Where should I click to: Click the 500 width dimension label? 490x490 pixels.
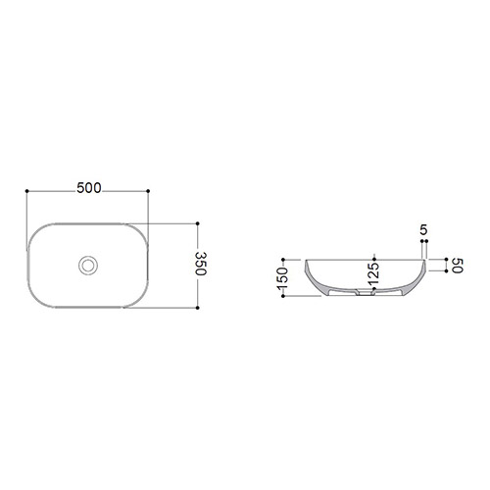tap(89, 188)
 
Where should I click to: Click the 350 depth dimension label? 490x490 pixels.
tap(201, 264)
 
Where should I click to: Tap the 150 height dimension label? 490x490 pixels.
tap(282, 278)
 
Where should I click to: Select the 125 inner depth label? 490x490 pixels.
tap(373, 273)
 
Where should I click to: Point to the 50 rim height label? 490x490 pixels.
tap(458, 266)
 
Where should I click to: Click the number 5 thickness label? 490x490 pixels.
tap(423, 230)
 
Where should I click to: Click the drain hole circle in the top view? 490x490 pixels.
tap(88, 266)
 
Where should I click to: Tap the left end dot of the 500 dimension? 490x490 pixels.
tap(26, 191)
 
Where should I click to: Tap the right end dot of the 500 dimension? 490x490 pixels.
tap(148, 191)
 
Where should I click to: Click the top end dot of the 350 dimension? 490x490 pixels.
tap(197, 223)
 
